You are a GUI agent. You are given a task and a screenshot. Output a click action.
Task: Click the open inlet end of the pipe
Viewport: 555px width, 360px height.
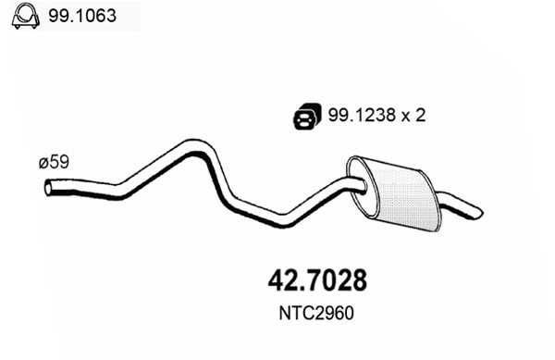click(48, 189)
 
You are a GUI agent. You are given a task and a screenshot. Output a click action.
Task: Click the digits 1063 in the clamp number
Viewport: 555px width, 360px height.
click(87, 16)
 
